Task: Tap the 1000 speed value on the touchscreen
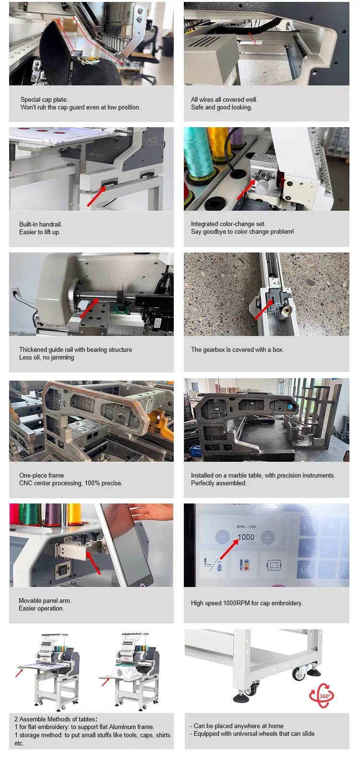point(246,537)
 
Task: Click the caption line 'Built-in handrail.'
point(40,224)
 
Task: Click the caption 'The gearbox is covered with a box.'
point(237,349)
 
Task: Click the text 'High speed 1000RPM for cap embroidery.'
point(247,603)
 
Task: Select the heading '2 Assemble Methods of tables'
point(56,719)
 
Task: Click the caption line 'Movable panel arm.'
point(45,600)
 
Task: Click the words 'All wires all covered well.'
point(224,99)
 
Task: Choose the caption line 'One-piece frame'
point(41,475)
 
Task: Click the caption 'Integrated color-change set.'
point(228,224)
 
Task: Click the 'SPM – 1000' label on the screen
point(246,527)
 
